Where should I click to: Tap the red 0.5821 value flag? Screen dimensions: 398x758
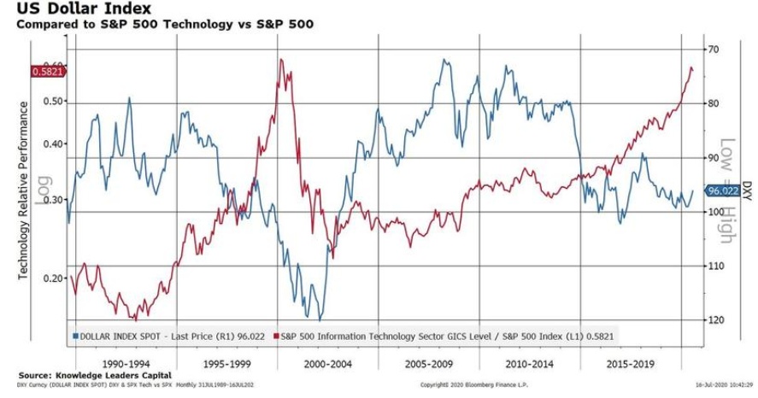pyautogui.click(x=47, y=72)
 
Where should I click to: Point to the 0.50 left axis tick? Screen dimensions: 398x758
pyautogui.click(x=53, y=102)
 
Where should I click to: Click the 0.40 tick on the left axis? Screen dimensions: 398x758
pyautogui.click(x=53, y=144)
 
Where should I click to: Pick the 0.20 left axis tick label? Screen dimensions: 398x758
pyautogui.click(x=53, y=278)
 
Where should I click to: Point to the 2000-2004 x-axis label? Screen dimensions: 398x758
pyautogui.click(x=326, y=363)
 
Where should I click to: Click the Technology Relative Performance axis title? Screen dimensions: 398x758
pyautogui.click(x=23, y=190)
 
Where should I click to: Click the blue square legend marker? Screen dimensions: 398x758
pyautogui.click(x=76, y=337)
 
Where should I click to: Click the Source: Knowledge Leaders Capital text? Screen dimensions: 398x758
pyautogui.click(x=95, y=376)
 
